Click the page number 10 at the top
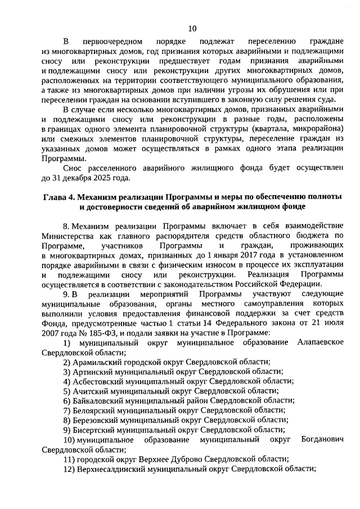click(x=192, y=29)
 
